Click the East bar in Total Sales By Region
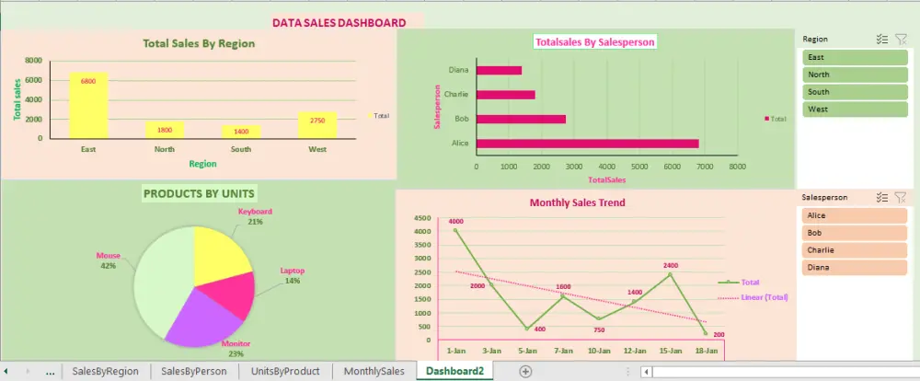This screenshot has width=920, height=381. [x=88, y=105]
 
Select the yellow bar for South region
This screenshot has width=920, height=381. [x=240, y=132]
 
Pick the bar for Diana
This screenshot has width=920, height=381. [x=499, y=70]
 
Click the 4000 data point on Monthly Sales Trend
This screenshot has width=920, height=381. [x=455, y=230]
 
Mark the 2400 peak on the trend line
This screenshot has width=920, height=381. [x=670, y=274]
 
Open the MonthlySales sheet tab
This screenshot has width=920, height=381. [x=374, y=371]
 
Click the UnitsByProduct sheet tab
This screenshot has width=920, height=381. [x=285, y=371]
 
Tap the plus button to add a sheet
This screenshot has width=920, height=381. [x=525, y=371]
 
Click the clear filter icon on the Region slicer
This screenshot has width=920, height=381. [x=901, y=40]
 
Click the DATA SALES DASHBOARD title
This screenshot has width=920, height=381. [x=339, y=23]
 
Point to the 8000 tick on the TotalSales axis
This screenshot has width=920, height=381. [x=736, y=167]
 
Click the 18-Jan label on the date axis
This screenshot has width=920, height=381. [x=706, y=351]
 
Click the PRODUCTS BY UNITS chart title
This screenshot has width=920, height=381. [x=200, y=193]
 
